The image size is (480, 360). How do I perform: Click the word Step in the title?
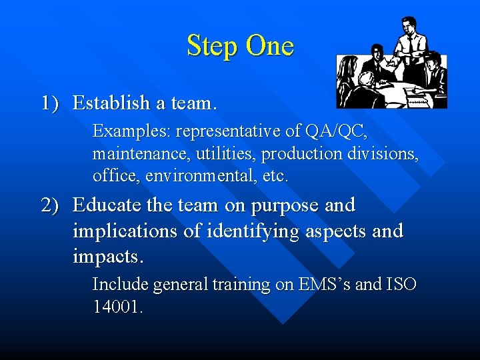click(x=213, y=46)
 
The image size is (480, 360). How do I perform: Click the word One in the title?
click(x=269, y=46)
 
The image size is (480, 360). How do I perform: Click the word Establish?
click(x=111, y=103)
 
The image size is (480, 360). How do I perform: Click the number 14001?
click(x=117, y=307)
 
